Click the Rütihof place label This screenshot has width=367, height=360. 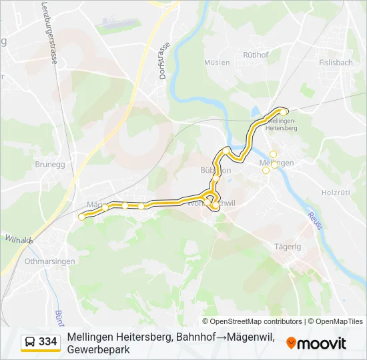click(255, 55)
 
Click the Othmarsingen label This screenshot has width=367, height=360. click(50, 261)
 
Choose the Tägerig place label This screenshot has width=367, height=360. click(288, 247)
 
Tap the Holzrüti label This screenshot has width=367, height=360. click(336, 193)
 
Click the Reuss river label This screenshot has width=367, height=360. click(314, 221)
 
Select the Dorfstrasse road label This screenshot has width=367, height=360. click(164, 61)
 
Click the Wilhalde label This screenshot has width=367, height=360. click(19, 239)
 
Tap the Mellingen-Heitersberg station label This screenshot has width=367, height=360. click(281, 125)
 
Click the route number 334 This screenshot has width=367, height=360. click(48, 342)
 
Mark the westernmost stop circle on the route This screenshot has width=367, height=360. click(82, 217)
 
